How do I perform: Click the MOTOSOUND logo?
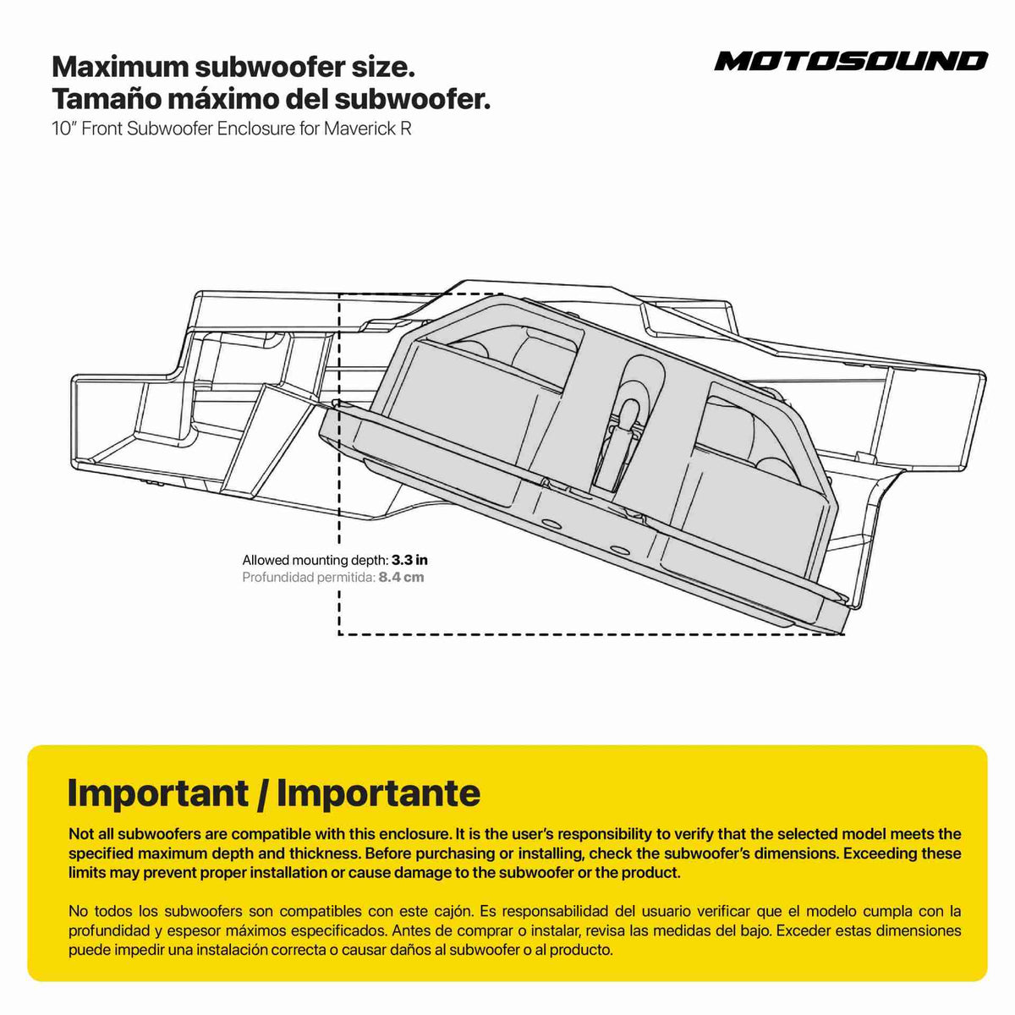pos(851,61)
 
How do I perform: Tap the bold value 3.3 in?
pos(409,560)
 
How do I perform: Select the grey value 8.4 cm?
pos(402,578)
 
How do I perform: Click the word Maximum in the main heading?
pos(121,67)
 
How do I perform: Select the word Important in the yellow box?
pos(158,793)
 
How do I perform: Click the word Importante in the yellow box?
pos(378,793)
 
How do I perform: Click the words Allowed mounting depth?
pos(315,560)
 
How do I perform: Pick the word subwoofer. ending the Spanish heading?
pos(413,98)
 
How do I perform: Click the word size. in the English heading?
pos(382,67)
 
